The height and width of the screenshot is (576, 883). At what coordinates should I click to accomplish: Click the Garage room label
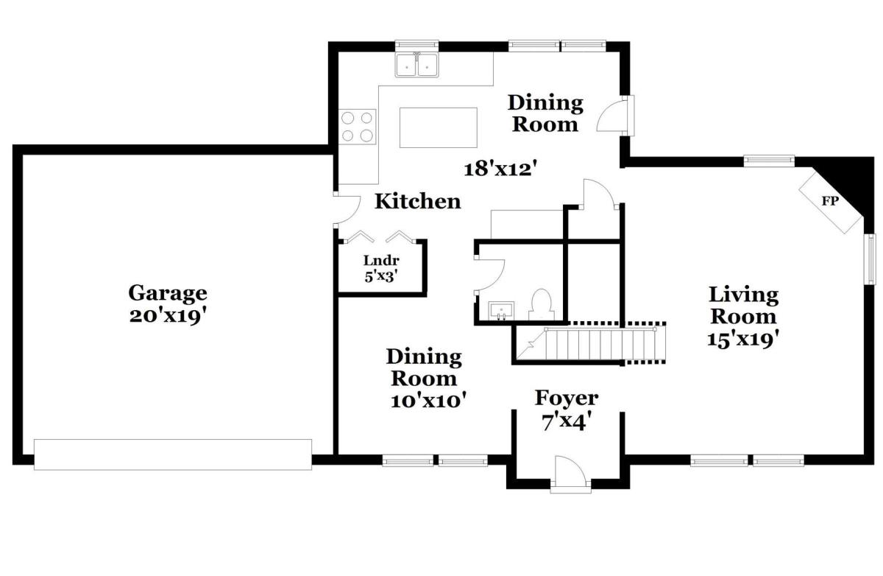(x=168, y=294)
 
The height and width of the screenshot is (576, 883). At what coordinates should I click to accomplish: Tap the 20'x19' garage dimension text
(x=169, y=317)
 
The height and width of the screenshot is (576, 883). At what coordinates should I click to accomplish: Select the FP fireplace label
(x=830, y=201)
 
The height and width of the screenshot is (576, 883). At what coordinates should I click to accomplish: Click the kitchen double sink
(x=416, y=65)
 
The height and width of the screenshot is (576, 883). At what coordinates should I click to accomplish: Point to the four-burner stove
(x=357, y=127)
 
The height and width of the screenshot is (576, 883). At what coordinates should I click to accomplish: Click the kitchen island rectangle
(x=439, y=127)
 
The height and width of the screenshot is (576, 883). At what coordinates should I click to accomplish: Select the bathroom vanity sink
(x=501, y=311)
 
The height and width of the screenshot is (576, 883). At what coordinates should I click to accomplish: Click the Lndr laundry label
(x=381, y=261)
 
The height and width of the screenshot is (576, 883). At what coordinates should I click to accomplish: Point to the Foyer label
(x=567, y=398)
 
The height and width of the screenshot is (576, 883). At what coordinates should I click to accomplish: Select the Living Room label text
(x=743, y=306)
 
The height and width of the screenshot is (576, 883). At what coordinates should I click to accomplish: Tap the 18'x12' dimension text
(x=500, y=169)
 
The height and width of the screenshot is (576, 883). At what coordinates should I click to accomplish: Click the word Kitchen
(x=417, y=201)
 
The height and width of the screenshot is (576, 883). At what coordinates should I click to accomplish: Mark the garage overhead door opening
(x=173, y=454)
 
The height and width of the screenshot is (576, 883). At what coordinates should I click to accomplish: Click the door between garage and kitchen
(x=347, y=210)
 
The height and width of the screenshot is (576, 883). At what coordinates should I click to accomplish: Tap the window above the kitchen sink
(x=416, y=46)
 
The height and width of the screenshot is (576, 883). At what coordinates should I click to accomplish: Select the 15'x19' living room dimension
(x=743, y=340)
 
